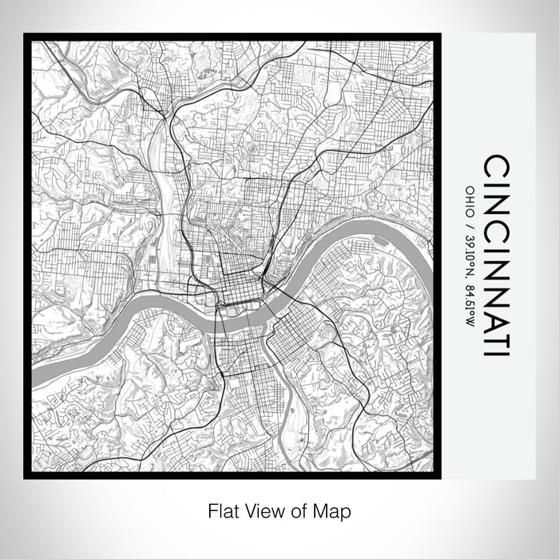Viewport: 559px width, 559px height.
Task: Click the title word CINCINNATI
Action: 496,256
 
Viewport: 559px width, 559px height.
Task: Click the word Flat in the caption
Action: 224,509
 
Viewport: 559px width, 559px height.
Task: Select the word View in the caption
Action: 264,509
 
